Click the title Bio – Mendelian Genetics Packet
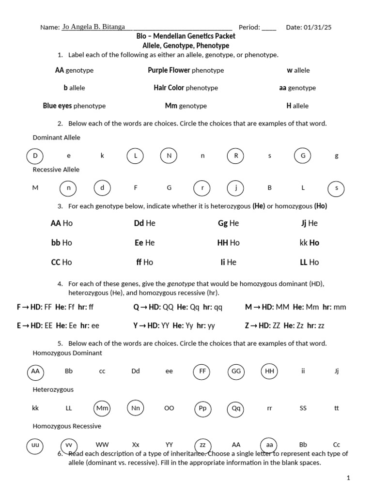(x=186, y=36)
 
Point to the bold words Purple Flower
(x=169, y=70)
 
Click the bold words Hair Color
(x=169, y=88)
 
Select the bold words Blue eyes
(x=57, y=106)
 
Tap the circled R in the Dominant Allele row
(x=236, y=156)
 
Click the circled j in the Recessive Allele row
(x=235, y=187)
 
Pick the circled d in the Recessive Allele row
(x=102, y=187)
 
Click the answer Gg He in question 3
(x=228, y=223)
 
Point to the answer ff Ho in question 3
(x=144, y=262)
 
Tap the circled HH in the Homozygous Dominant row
(x=270, y=371)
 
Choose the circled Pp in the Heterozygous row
(x=203, y=408)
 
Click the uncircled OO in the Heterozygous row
(x=169, y=408)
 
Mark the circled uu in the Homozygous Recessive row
(x=35, y=445)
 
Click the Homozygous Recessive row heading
(x=67, y=426)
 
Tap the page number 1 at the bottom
(x=348, y=478)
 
